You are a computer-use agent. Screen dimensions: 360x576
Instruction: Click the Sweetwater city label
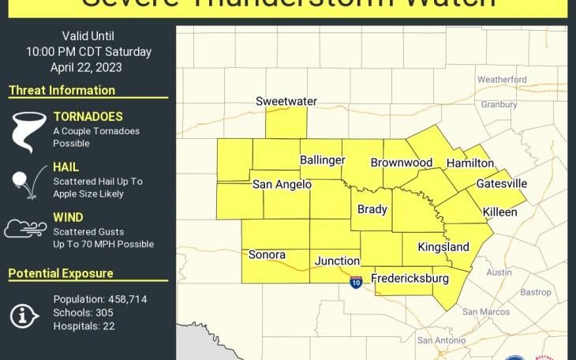pyautogui.click(x=286, y=101)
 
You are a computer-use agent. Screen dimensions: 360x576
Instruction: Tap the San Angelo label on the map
pyautogui.click(x=282, y=185)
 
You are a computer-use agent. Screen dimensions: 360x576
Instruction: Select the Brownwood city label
pyautogui.click(x=402, y=163)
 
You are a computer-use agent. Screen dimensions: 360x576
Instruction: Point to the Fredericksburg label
pyautogui.click(x=410, y=279)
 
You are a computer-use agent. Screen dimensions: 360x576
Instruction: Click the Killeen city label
pyautogui.click(x=500, y=212)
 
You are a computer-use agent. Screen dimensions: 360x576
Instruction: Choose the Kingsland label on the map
pyautogui.click(x=443, y=247)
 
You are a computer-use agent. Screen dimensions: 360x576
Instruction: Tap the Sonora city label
pyautogui.click(x=267, y=255)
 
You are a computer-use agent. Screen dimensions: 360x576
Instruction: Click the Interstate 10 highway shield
pyautogui.click(x=356, y=282)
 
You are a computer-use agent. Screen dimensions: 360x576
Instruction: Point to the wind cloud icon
pyautogui.click(x=25, y=228)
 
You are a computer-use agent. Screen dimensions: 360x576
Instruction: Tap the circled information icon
pyautogui.click(x=24, y=315)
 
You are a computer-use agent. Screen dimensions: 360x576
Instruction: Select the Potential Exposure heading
pyautogui.click(x=61, y=273)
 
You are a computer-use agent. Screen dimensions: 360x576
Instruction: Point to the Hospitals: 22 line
pyautogui.click(x=84, y=326)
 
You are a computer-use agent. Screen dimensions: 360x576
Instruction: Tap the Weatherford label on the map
pyautogui.click(x=502, y=80)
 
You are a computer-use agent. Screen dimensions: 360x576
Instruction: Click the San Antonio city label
pyautogui.click(x=442, y=340)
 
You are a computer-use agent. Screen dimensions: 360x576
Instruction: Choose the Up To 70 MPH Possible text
pyautogui.click(x=103, y=245)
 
